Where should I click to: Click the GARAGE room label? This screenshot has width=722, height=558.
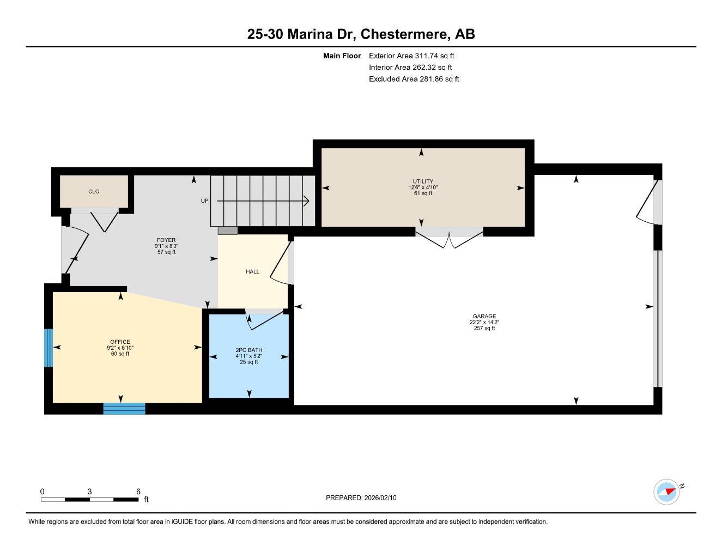click(484, 316)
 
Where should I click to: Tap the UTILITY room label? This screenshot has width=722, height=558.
click(423, 181)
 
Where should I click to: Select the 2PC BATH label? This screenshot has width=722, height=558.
click(249, 350)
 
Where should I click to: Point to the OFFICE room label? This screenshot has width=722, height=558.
click(120, 342)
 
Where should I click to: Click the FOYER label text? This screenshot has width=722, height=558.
click(166, 240)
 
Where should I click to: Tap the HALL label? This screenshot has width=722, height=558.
click(252, 271)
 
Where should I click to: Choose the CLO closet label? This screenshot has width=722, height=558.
click(94, 191)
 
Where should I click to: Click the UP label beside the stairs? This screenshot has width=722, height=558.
click(204, 201)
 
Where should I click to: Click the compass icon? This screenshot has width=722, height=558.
click(667, 492)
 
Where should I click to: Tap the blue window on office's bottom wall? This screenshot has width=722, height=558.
click(124, 409)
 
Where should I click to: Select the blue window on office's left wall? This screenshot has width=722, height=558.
click(48, 348)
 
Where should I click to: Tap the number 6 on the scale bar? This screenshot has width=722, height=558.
click(138, 491)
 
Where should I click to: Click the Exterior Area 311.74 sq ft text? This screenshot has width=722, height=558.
click(411, 56)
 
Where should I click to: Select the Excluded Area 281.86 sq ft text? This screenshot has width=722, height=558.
click(414, 79)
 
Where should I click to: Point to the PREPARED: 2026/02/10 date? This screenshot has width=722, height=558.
click(361, 498)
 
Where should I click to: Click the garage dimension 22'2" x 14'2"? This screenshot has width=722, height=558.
click(484, 322)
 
